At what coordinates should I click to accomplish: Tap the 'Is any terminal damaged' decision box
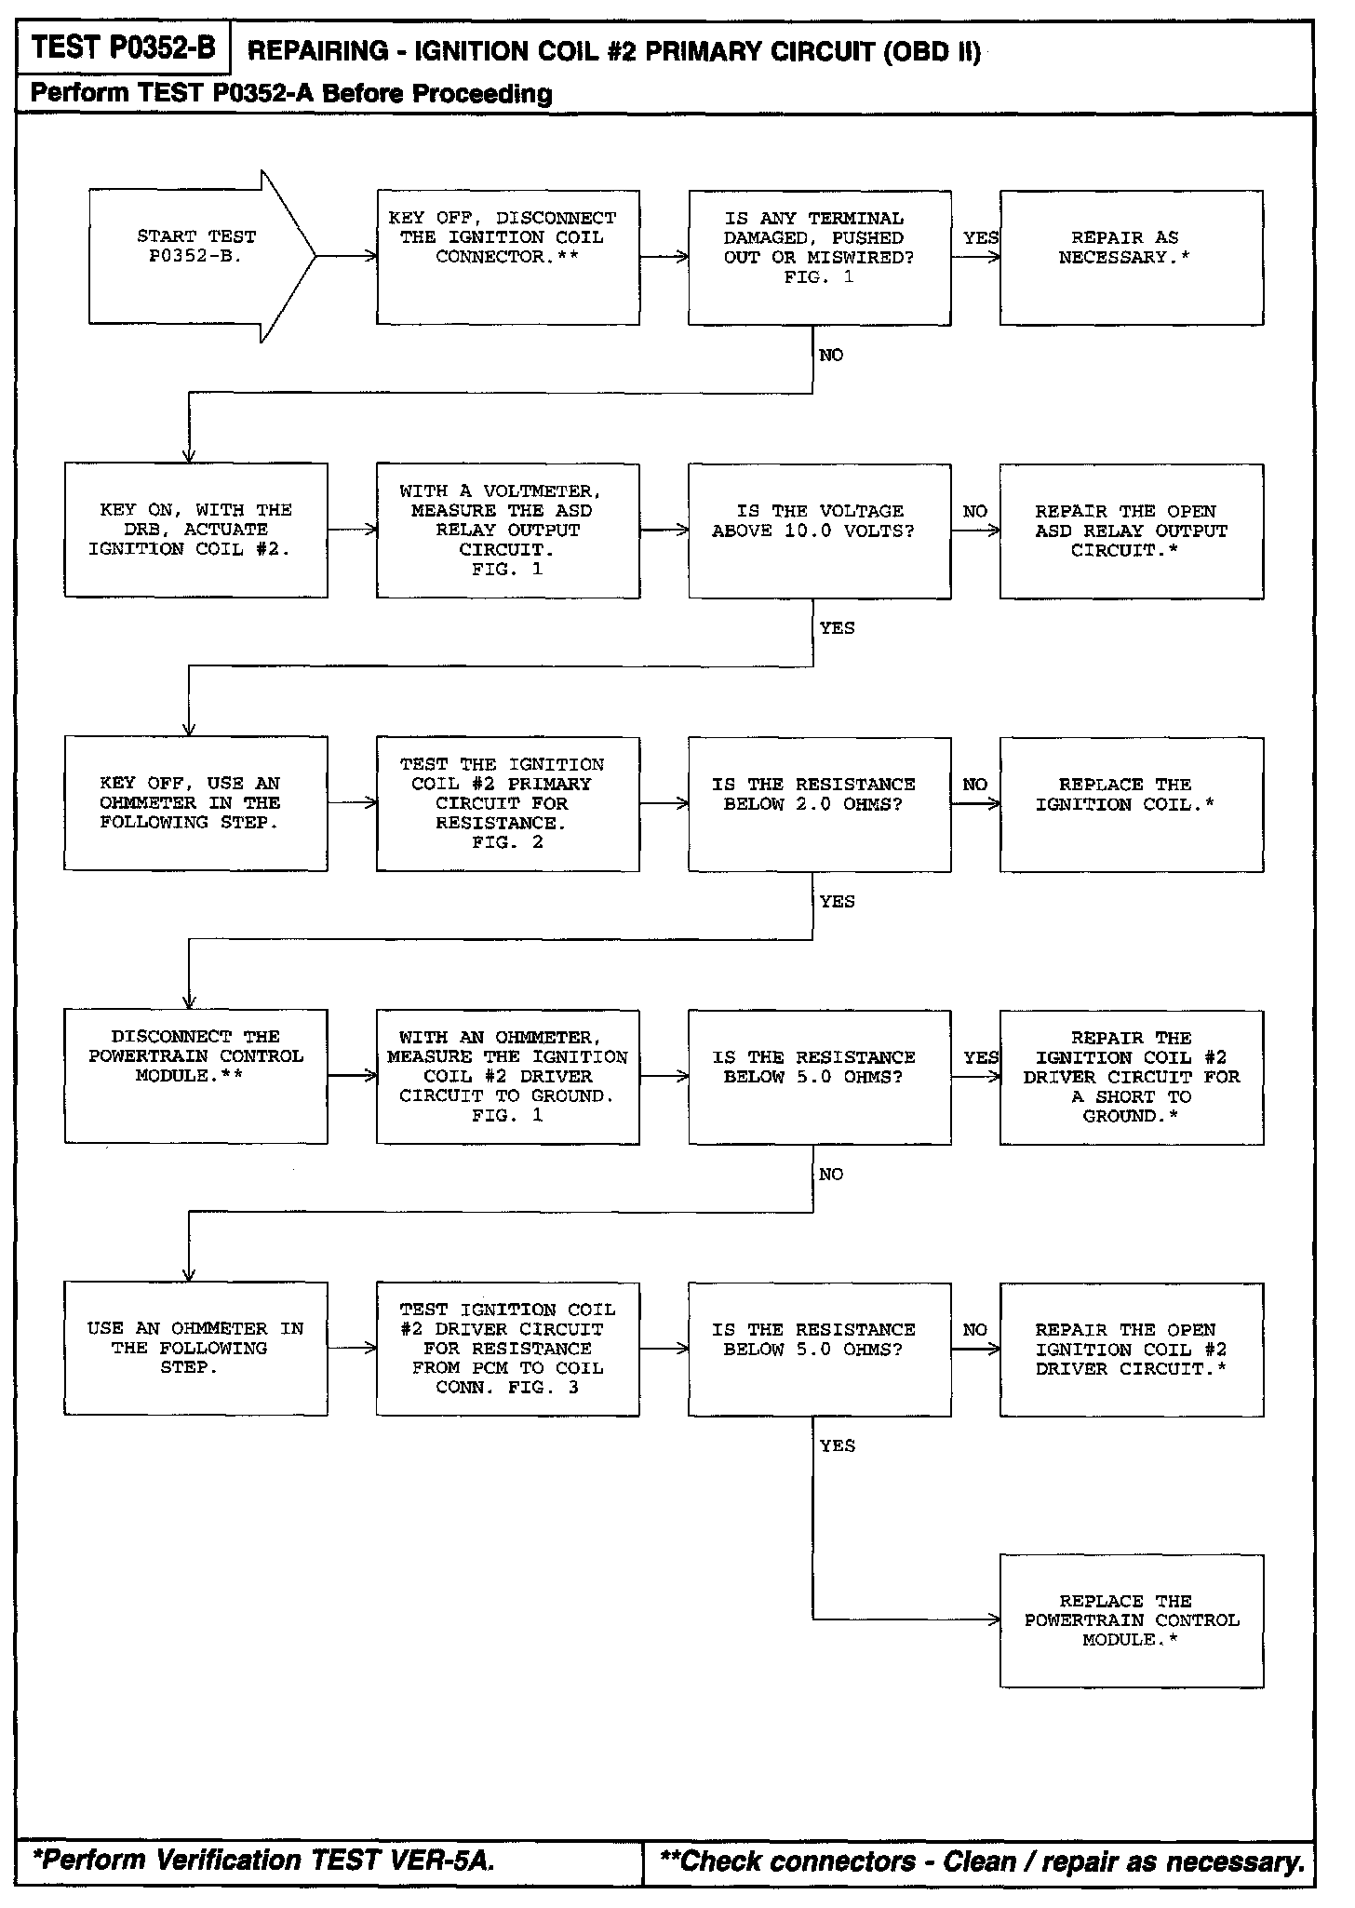tap(819, 257)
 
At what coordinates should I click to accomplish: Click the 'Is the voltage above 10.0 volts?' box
tap(819, 531)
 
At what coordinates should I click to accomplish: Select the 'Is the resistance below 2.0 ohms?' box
tap(819, 804)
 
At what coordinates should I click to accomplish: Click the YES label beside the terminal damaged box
tap(980, 238)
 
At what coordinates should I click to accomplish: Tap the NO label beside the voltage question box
tap(974, 512)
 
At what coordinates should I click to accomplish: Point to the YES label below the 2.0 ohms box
tap(837, 901)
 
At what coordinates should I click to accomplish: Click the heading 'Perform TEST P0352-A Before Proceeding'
tap(291, 93)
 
